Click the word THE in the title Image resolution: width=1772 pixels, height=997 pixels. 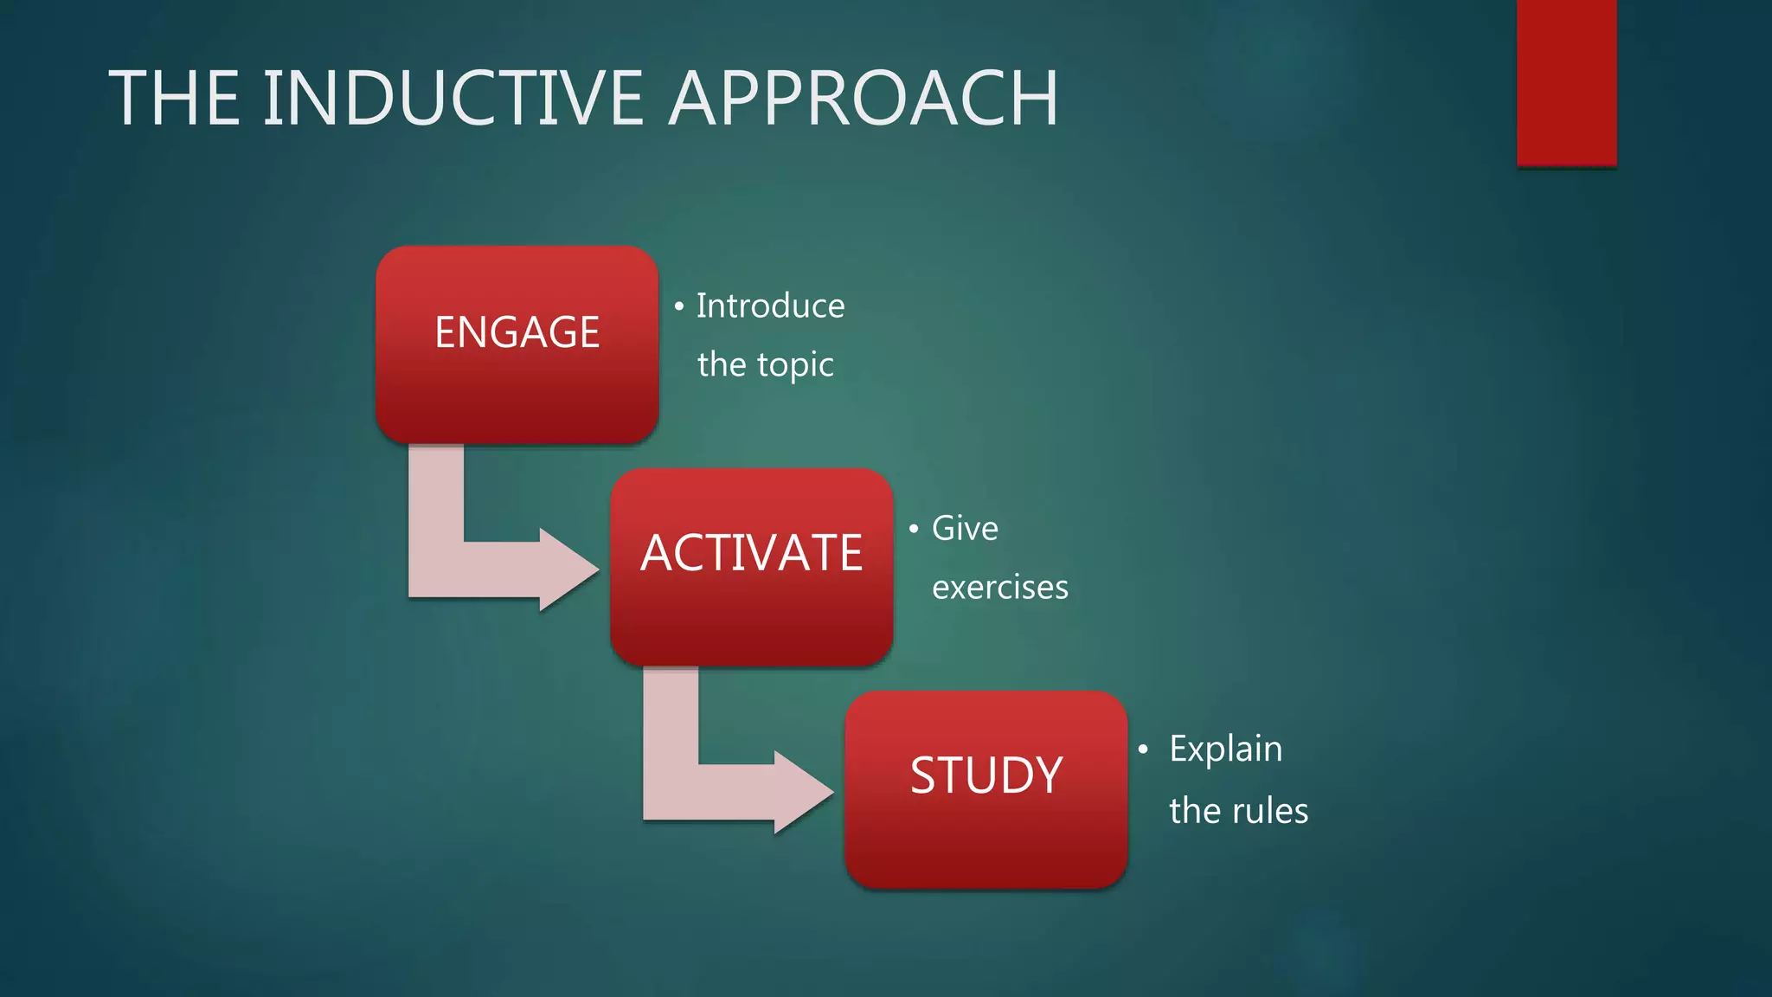[174, 99]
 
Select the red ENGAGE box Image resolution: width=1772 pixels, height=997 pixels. [517, 344]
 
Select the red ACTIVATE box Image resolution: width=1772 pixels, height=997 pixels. [751, 567]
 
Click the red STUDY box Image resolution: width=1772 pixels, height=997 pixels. [986, 789]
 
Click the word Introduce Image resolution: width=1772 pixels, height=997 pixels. [770, 306]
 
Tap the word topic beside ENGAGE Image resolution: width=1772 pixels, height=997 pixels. [795, 365]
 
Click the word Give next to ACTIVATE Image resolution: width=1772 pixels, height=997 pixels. [965, 529]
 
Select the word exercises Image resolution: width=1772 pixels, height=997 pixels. [999, 588]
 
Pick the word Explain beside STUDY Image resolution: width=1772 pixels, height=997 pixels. [1225, 749]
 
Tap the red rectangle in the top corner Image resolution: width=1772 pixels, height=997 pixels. [1566, 82]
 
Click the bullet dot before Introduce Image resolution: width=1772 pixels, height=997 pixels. [679, 306]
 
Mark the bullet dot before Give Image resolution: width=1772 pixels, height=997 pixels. [914, 529]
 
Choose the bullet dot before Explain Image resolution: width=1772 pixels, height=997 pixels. [1143, 749]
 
